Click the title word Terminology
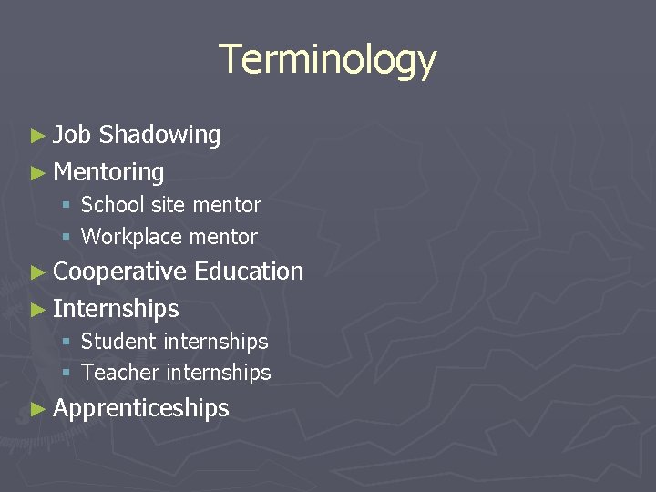click(x=328, y=60)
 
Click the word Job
click(x=72, y=135)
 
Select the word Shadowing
click(x=159, y=136)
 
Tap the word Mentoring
click(x=108, y=172)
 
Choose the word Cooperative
click(x=119, y=272)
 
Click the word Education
click(x=249, y=272)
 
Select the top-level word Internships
click(x=116, y=309)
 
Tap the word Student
click(x=118, y=342)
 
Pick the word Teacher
click(x=119, y=373)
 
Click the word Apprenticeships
click(x=141, y=408)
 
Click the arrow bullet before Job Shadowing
click(x=36, y=136)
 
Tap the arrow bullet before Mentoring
click(x=36, y=172)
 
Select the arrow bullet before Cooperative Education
click(x=36, y=272)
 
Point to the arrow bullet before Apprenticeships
click(x=36, y=408)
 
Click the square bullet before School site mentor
click(x=67, y=206)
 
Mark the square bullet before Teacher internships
click(x=67, y=374)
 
